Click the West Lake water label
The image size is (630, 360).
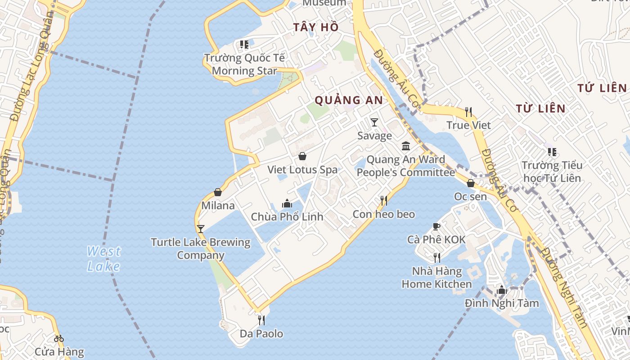point(104,259)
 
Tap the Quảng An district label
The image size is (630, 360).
point(349,100)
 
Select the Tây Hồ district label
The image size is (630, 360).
point(316,27)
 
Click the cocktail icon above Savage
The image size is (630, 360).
point(374,122)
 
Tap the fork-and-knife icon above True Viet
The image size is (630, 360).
point(468,112)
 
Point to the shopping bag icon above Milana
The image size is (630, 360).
point(218,192)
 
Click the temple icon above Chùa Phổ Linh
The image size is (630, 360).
point(287,203)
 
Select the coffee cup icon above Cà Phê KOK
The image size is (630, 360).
point(436,226)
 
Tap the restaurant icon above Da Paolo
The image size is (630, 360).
point(261,320)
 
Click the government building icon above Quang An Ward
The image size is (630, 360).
point(406,146)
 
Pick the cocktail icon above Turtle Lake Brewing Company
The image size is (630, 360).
point(201,229)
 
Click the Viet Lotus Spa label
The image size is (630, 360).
point(302,170)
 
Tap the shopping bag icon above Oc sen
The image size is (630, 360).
point(470,183)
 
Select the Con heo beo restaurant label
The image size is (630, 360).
point(384,214)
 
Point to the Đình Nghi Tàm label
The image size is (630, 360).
point(502,303)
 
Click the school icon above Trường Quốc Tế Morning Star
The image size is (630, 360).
point(244,45)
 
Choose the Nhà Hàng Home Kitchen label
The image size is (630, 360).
point(436,278)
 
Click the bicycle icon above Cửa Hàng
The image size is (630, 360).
point(59,338)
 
